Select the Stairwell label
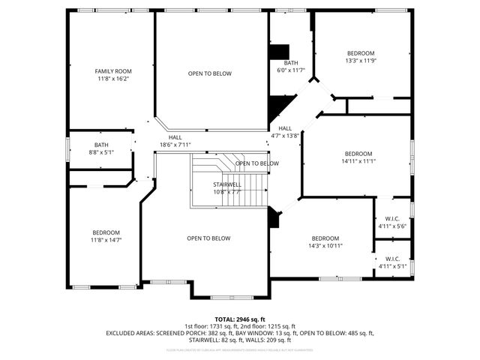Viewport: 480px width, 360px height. click(x=226, y=184)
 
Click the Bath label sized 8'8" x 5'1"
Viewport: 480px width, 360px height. click(x=101, y=145)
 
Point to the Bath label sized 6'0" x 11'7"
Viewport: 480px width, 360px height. click(x=291, y=63)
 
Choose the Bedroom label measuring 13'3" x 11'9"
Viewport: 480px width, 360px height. click(x=360, y=53)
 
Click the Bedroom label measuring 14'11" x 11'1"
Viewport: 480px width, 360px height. click(x=358, y=153)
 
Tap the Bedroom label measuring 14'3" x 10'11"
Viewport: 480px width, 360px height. click(x=326, y=238)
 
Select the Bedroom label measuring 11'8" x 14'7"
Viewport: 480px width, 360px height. click(x=106, y=232)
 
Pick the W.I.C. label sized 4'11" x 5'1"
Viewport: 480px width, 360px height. click(x=392, y=258)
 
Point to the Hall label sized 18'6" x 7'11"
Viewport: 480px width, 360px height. click(x=175, y=137)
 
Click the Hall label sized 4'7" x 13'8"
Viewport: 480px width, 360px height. click(x=285, y=128)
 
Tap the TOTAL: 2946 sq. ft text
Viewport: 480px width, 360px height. click(x=240, y=319)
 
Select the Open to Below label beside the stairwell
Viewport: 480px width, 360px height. click(x=256, y=163)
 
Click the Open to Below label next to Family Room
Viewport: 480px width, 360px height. click(x=210, y=73)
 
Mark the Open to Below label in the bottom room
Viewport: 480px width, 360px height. click(x=208, y=238)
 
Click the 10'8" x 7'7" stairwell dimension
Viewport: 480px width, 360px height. click(x=226, y=192)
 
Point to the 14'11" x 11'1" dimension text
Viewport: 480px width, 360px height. click(x=358, y=160)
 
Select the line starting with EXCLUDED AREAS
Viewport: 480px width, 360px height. click(x=240, y=333)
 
